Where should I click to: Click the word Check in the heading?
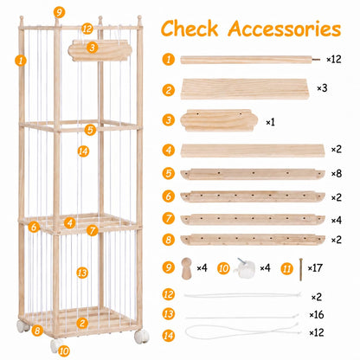[x=190, y=29]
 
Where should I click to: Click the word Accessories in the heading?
[x=285, y=29]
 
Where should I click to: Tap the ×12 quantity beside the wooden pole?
[x=334, y=59]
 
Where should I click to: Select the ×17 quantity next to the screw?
[x=315, y=268]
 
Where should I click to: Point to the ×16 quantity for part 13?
[x=317, y=314]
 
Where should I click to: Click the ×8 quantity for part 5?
[x=336, y=174]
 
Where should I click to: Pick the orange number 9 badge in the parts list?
[x=168, y=267]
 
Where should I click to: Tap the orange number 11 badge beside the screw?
[x=286, y=269]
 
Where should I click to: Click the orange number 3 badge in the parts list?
[x=169, y=119]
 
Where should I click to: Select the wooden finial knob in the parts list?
[x=186, y=268]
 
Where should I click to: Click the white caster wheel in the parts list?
[x=246, y=268]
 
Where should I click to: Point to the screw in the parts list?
[x=301, y=269]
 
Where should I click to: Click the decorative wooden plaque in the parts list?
[x=219, y=120]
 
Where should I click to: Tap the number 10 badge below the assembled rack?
[x=64, y=351]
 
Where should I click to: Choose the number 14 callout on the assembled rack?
[x=83, y=151]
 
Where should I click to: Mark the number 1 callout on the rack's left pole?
[x=21, y=61]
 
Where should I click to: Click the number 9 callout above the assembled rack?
[x=59, y=12]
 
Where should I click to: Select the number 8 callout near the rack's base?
[x=37, y=331]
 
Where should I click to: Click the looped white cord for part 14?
[x=242, y=332]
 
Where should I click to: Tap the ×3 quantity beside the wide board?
[x=322, y=88]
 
